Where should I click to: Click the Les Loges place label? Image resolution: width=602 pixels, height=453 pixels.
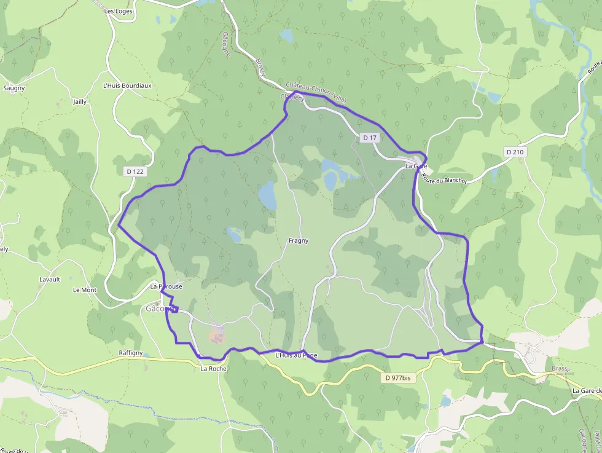[x=119, y=11]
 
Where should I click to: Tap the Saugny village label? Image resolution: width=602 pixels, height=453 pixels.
[x=14, y=88]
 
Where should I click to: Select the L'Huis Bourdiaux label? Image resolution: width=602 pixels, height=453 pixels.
[x=127, y=85]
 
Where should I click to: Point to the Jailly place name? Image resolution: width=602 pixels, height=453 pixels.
[x=80, y=101]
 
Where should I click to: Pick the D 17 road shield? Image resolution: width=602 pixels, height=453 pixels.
[x=369, y=138]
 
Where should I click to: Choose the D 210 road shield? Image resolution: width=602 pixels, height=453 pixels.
[x=515, y=151]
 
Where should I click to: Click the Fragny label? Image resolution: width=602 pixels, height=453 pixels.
[x=299, y=241]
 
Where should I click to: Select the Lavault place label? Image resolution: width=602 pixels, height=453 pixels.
[x=50, y=279]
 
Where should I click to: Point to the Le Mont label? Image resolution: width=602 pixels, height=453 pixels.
[x=85, y=290]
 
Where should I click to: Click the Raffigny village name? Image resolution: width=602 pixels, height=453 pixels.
[x=131, y=353]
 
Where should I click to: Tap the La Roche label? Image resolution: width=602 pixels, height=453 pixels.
[x=213, y=369]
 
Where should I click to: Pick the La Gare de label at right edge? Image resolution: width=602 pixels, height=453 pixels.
[x=586, y=390]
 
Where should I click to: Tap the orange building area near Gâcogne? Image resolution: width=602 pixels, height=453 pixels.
[x=217, y=335]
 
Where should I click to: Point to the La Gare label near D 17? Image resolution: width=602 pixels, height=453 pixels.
[x=416, y=167]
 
